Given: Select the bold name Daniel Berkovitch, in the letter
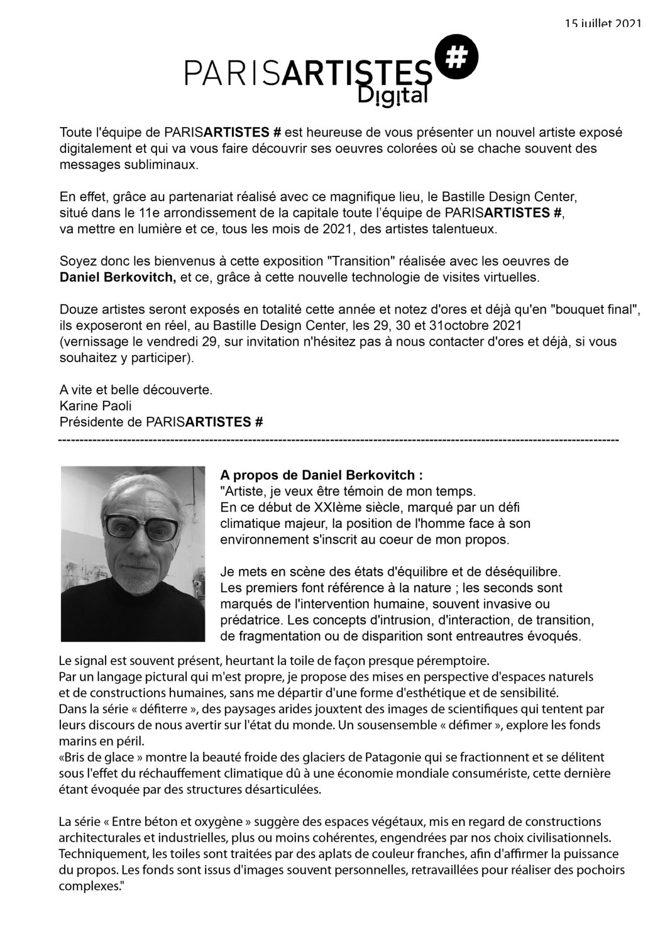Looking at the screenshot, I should pos(118,276).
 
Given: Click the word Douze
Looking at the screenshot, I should pos(75,310).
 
